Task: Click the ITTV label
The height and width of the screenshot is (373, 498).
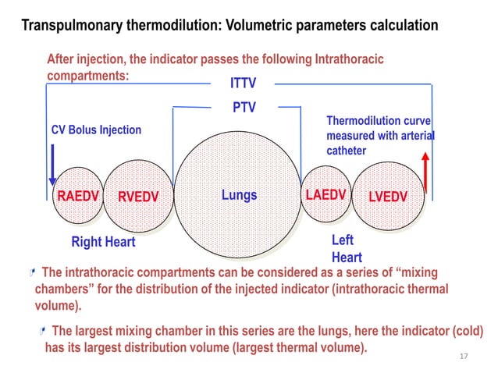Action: point(243,83)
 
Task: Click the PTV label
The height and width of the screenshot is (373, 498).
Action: point(244,107)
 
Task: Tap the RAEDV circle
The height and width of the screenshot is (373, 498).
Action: point(76,195)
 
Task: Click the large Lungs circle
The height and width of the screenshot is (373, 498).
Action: point(238,195)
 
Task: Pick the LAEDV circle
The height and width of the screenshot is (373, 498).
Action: point(325,195)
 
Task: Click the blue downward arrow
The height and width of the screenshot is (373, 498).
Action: point(52,164)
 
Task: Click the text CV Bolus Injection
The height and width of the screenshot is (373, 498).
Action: point(96,130)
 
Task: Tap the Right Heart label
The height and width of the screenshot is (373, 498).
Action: point(103,242)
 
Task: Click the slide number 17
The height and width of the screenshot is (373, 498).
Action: point(464,356)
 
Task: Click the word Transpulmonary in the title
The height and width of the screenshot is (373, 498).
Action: point(70,26)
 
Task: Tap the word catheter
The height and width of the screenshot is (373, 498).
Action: point(346,150)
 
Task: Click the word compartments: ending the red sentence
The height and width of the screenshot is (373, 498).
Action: point(87,76)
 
